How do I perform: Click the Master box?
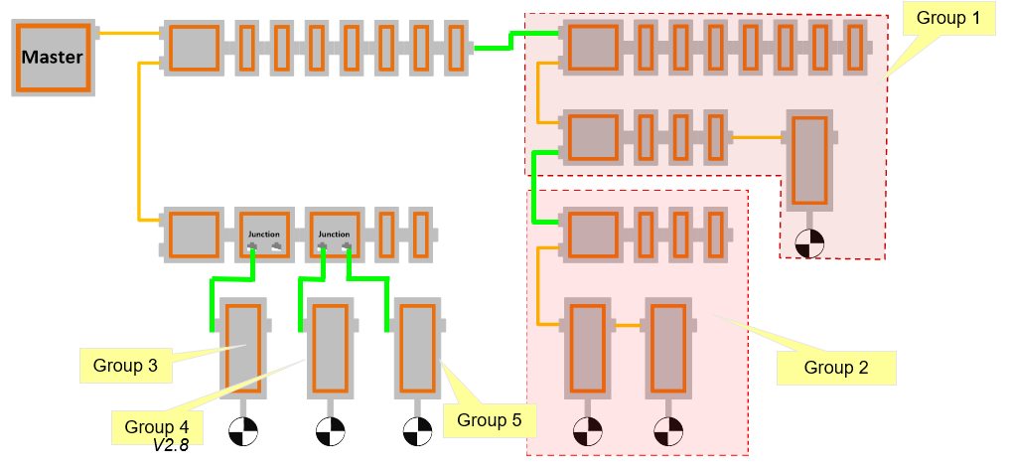click(53, 57)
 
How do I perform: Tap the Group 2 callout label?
click(836, 368)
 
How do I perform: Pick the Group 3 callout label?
click(125, 365)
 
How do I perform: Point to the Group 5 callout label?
click(490, 420)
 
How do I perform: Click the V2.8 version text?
click(171, 446)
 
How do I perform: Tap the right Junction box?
click(334, 235)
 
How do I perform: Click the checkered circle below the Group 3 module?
click(242, 432)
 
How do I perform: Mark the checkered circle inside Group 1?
click(809, 242)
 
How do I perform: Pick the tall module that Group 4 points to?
click(329, 348)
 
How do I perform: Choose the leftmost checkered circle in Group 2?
click(588, 432)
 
